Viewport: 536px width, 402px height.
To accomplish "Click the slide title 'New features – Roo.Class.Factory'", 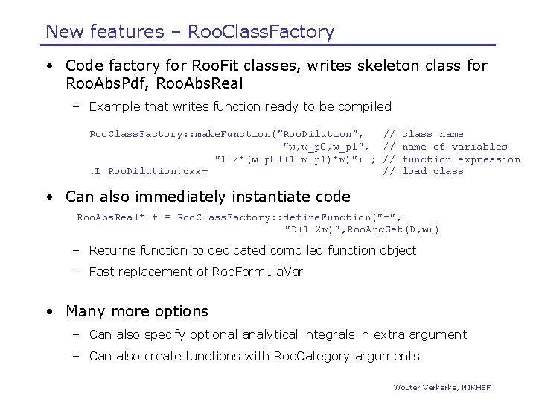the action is (190, 31).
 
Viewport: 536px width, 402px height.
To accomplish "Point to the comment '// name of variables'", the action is (444, 147).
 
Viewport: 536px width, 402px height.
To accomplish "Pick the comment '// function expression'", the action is (451, 159).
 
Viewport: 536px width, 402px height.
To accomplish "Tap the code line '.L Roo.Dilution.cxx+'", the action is (149, 171).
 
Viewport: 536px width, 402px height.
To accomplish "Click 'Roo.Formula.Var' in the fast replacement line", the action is (258, 272).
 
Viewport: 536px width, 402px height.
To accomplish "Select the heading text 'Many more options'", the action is (137, 311).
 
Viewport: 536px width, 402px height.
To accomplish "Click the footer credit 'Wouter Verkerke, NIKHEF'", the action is (441, 387).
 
